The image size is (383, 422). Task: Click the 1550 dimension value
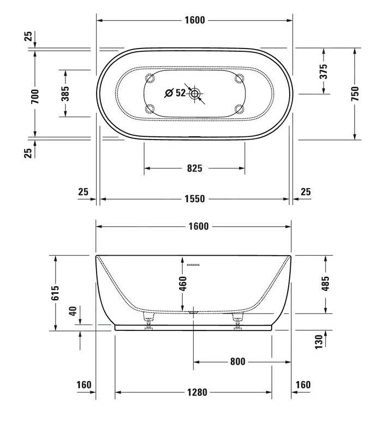coord(194,199)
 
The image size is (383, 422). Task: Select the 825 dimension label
coord(194,168)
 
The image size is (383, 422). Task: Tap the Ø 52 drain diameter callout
coord(175,93)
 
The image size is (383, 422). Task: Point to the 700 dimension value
coord(35,96)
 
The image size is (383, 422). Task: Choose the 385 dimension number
coord(65,93)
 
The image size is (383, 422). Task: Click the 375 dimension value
coord(324,71)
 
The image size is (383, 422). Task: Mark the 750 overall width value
coord(355,94)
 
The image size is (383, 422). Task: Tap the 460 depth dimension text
coord(183,284)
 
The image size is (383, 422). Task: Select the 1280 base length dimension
coord(194,392)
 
